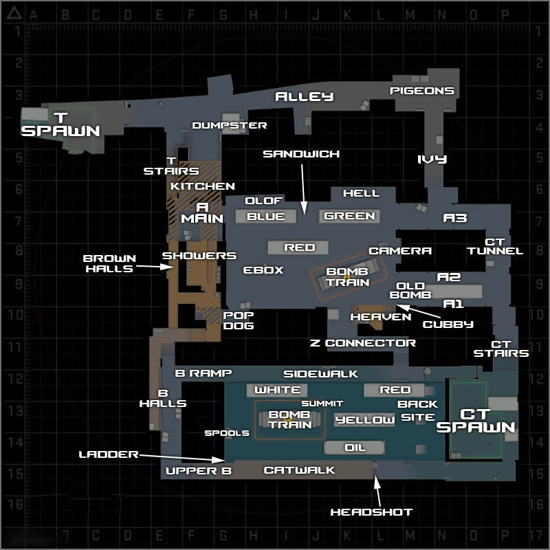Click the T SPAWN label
[60, 124]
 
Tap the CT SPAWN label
[476, 420]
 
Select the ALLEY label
[304, 97]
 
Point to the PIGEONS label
[422, 91]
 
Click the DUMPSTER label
[230, 125]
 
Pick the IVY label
[432, 159]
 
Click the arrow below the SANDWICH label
[302, 186]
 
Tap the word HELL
[361, 193]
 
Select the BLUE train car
[266, 217]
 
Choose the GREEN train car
[349, 216]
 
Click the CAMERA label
[400, 251]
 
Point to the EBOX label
[263, 270]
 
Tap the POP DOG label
[239, 320]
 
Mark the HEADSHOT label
[371, 511]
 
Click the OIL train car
[355, 448]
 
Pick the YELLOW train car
[365, 419]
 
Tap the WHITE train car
[277, 390]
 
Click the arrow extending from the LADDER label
[182, 457]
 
